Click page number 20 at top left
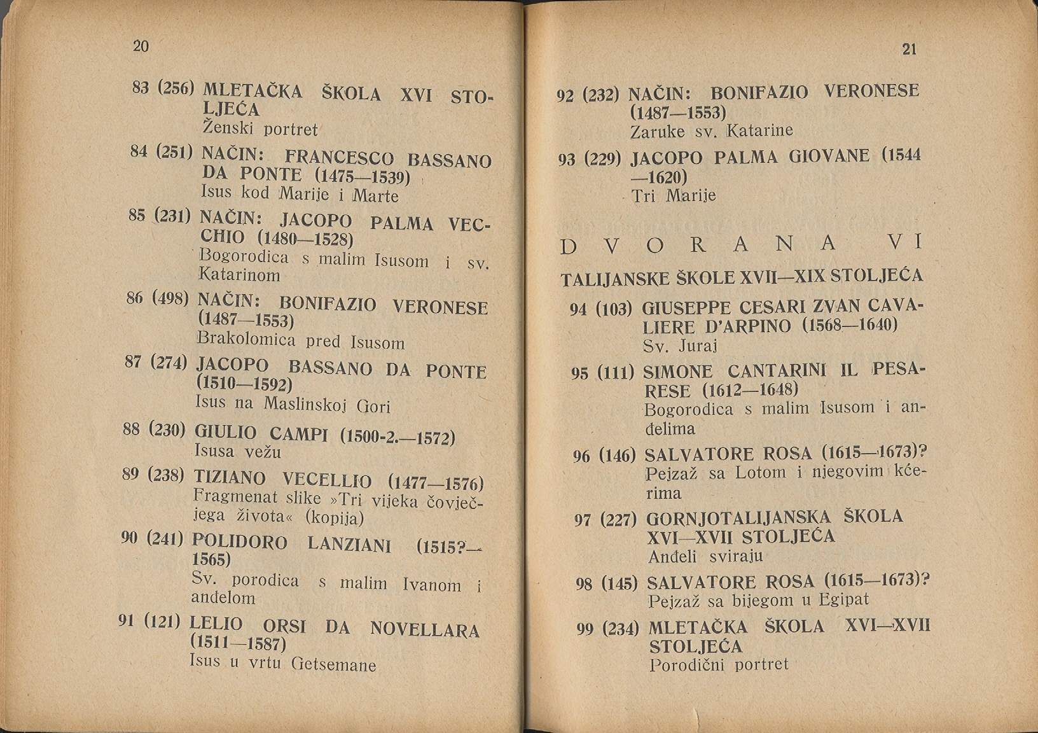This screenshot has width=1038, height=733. pos(141,46)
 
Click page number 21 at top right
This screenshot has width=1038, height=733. pos(910,49)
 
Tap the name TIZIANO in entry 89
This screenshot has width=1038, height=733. pos(230,477)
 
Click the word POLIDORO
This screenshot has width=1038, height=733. pos(239,542)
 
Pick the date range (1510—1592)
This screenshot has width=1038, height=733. pos(244,384)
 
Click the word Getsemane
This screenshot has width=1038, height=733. pos(333,665)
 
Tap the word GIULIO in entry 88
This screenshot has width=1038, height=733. pos(225,433)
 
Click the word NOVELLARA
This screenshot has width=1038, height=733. pos(424,630)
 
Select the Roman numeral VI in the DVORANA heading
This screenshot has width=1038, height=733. pos(906,243)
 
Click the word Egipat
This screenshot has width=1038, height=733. pos(843,599)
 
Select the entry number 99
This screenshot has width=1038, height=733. pos(585,629)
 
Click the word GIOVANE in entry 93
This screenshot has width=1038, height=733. pos(829,157)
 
